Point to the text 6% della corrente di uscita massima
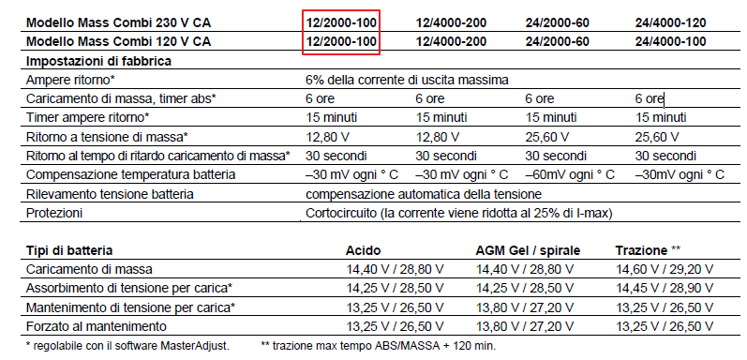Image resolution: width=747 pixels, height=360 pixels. pos(408,80)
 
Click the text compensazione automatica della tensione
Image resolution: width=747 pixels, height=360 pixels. pos(423,194)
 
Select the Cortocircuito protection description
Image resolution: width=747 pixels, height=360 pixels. pos(458,213)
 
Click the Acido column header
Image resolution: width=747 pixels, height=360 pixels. pos(364,250)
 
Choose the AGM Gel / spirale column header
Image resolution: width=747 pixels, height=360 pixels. pos(527,250)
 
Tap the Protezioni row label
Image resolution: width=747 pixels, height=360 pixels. pos(55,213)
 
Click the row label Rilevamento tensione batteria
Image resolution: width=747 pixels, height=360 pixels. pos(110,194)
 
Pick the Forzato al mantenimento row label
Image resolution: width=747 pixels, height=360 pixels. pos(97,326)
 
